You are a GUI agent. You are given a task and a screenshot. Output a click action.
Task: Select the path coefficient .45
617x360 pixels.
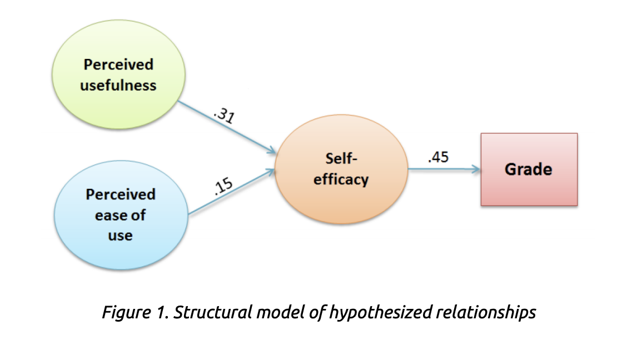(x=438, y=157)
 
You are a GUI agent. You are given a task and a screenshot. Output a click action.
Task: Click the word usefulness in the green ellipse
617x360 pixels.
(x=118, y=86)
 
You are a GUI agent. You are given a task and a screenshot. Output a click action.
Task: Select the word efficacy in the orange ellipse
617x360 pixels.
(x=341, y=179)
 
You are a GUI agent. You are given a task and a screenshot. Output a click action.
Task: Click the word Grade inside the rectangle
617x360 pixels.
(x=529, y=169)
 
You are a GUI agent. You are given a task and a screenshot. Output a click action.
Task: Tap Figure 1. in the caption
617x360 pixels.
(x=136, y=312)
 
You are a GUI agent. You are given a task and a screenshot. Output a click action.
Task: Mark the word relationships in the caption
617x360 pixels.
(x=484, y=312)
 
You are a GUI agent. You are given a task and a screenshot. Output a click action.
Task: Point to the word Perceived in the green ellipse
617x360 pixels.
(x=118, y=64)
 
